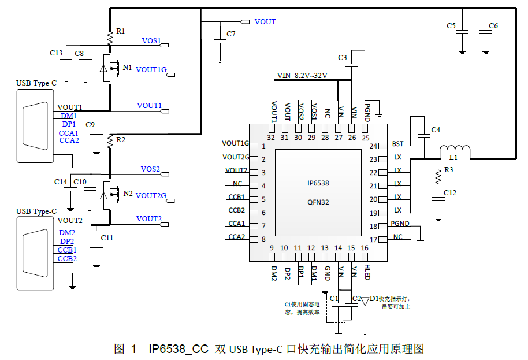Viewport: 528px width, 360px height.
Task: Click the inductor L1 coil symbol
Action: pos(455,151)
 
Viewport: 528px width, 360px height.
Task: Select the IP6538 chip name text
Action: pos(318,183)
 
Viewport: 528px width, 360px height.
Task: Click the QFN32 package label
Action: pos(318,202)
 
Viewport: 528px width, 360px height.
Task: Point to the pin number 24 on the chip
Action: pos(373,146)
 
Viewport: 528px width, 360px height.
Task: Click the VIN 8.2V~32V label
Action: pos(302,76)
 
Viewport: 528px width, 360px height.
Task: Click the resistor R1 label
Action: pos(120,31)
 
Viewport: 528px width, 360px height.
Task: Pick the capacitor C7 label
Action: pos(231,34)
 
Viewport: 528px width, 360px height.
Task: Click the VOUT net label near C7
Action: pos(265,22)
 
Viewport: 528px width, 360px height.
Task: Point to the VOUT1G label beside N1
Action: pos(151,70)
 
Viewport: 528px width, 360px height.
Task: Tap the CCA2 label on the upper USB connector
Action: pos(69,140)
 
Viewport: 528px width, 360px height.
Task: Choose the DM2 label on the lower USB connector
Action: pos(67,232)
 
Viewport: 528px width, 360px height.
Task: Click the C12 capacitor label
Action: pos(451,193)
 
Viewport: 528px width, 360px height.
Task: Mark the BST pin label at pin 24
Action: pos(397,144)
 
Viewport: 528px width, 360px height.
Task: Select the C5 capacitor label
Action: pos(451,26)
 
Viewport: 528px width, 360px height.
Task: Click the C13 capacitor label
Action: pos(56,53)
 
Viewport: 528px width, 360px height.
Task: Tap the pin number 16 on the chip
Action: pos(365,248)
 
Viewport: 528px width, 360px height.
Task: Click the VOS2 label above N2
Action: pos(150,169)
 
